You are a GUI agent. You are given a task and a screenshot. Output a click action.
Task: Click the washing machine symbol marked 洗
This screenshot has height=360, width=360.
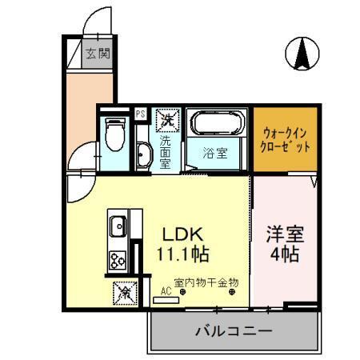coord(166,120)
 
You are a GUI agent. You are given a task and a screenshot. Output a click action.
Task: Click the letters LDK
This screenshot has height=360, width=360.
coord(186,235)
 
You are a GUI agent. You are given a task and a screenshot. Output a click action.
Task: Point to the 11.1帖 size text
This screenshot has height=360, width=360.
coord(186,256)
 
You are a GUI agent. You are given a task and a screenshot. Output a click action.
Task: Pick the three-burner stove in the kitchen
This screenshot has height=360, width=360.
coord(118,259)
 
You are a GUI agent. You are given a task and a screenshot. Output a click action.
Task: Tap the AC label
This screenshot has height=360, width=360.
coord(166,291)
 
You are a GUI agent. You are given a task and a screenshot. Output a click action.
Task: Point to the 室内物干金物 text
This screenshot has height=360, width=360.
coord(201,282)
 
